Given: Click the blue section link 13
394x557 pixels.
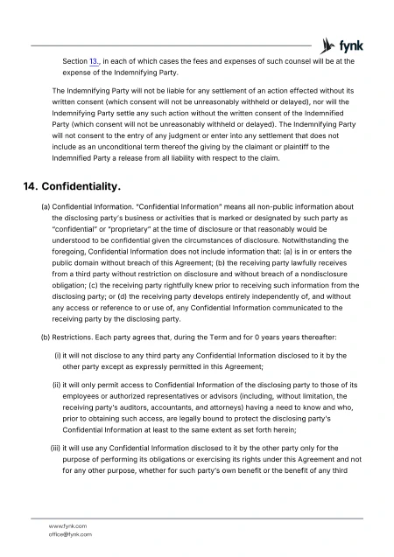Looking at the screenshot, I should click(95, 62).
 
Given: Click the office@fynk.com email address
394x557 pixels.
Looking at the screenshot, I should click(71, 533).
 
